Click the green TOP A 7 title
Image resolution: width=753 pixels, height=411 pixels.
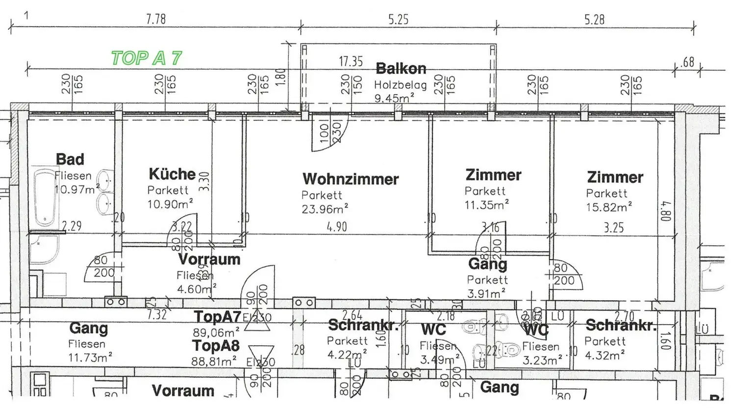click(x=146, y=58)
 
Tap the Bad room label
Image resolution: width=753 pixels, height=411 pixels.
click(x=70, y=159)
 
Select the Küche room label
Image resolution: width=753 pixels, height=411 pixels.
click(x=172, y=174)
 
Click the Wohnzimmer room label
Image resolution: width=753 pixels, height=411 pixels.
click(x=351, y=179)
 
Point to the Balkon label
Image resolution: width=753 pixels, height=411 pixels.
click(x=401, y=69)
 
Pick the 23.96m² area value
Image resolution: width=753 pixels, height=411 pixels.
click(x=325, y=209)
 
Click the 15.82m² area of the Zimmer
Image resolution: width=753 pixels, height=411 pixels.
click(x=609, y=207)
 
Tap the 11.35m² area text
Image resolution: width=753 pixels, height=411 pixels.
click(x=487, y=205)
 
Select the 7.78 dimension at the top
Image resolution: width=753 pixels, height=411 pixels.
click(x=156, y=20)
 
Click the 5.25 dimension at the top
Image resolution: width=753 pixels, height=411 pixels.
click(x=398, y=20)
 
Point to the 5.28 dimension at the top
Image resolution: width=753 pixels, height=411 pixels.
click(x=594, y=20)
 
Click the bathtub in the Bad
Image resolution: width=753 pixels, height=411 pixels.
click(x=45, y=199)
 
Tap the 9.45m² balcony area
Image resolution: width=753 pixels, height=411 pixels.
click(x=394, y=98)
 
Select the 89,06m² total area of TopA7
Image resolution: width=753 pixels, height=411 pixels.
click(x=216, y=332)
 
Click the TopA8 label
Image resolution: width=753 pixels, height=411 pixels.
click(x=216, y=346)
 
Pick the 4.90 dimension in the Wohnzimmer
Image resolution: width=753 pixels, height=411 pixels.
click(x=337, y=227)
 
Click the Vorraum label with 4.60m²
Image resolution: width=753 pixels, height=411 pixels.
click(x=209, y=259)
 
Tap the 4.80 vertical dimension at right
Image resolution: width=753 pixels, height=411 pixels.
click(x=666, y=211)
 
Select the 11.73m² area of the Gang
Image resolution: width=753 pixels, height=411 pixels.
click(x=90, y=358)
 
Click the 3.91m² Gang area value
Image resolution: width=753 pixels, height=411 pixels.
click(x=486, y=293)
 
